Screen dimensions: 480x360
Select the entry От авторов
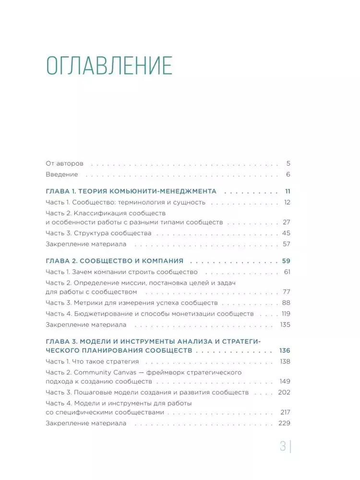click(64, 163)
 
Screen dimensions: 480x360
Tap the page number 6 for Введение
click(288, 175)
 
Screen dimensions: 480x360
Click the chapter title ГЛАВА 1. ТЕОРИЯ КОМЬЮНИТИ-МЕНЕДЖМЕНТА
click(131, 191)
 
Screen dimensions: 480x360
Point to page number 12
click(287, 202)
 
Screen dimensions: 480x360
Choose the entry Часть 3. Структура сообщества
click(98, 233)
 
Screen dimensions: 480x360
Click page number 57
click(287, 244)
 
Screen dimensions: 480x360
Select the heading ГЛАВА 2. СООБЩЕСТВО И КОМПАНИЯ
click(115, 261)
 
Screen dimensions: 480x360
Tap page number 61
click(288, 272)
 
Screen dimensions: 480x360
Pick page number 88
click(287, 303)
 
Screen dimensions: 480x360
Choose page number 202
click(285, 392)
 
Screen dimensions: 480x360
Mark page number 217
click(285, 412)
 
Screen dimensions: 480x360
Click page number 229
click(285, 423)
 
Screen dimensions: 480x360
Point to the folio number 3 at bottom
click(283, 446)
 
